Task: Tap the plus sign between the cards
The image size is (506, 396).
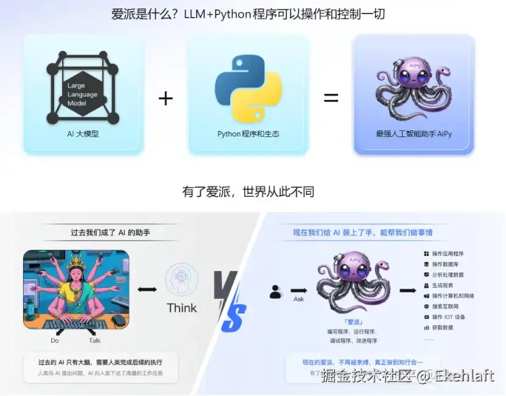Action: click(x=166, y=98)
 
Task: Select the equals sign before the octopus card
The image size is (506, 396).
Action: click(x=331, y=97)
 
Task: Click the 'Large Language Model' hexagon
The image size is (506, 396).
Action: click(x=82, y=94)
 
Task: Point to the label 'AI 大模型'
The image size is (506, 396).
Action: click(x=83, y=134)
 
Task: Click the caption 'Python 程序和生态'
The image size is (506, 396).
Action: click(x=248, y=134)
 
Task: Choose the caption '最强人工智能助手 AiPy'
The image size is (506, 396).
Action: click(x=414, y=134)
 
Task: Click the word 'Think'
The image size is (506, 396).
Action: click(x=182, y=308)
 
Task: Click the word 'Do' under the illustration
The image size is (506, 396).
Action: click(x=55, y=341)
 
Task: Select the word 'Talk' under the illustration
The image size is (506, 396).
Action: click(x=94, y=341)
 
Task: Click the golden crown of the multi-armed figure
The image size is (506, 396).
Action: click(x=74, y=261)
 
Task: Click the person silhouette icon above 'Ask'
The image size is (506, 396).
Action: click(x=276, y=292)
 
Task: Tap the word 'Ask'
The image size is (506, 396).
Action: click(x=299, y=300)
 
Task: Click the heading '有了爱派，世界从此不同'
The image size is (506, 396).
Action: click(x=248, y=192)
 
